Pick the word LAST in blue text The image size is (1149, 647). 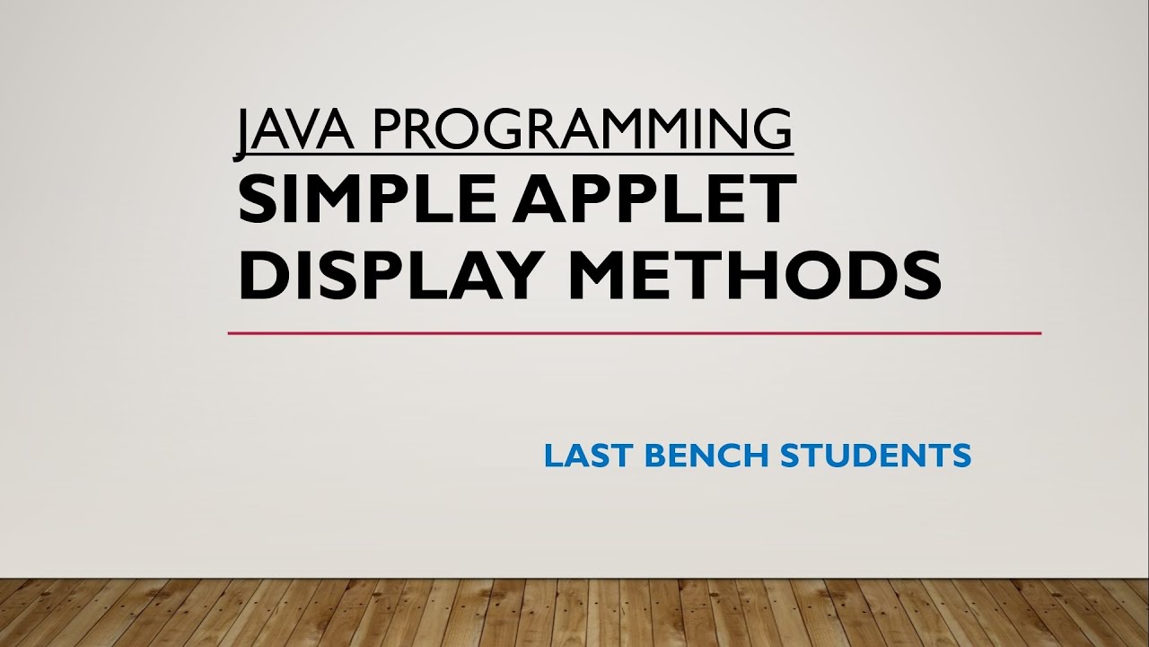588,456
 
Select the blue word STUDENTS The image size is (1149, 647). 876,456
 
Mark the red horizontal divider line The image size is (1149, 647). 634,333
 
